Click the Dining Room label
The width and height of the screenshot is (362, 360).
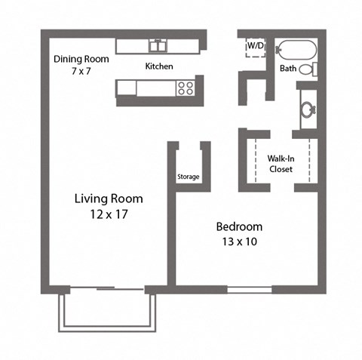tap(81, 59)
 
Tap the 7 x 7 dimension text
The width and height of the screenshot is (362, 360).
tap(81, 70)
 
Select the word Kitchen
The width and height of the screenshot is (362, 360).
tap(159, 66)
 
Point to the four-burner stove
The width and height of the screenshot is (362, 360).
tap(185, 88)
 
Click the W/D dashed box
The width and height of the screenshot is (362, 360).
tap(254, 47)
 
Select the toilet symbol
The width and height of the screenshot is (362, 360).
tap(308, 69)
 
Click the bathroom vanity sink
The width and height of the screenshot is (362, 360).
tap(308, 109)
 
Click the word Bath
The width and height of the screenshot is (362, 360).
tap(288, 69)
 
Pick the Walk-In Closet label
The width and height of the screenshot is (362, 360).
tap(281, 164)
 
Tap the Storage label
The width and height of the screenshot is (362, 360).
tap(189, 177)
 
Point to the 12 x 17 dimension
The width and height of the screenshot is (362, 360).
tap(109, 214)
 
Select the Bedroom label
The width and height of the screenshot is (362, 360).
tap(239, 226)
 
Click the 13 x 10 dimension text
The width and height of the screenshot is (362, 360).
tap(239, 242)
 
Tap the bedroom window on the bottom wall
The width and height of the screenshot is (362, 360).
tap(251, 289)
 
